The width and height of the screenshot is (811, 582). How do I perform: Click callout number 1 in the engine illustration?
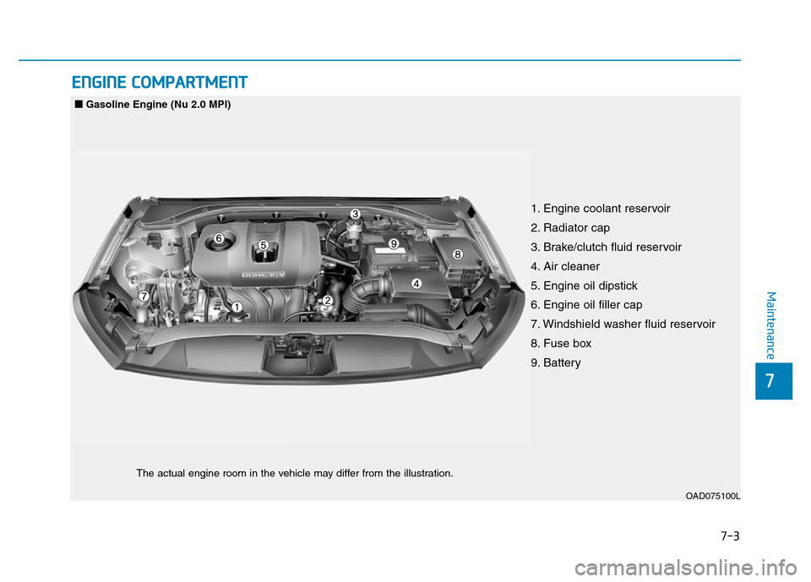click(x=237, y=307)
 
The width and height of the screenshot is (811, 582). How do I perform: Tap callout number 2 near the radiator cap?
click(x=327, y=300)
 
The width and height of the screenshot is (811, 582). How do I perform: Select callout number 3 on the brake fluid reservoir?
click(x=355, y=214)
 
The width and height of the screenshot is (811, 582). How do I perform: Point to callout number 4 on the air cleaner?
click(x=416, y=283)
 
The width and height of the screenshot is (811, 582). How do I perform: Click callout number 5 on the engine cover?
click(x=264, y=245)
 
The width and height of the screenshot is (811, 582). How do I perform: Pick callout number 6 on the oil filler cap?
click(x=219, y=238)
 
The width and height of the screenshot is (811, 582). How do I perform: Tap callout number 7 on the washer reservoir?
click(x=144, y=296)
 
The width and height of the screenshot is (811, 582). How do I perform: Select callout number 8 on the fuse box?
click(x=457, y=254)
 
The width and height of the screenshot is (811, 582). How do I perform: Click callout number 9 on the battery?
click(x=394, y=243)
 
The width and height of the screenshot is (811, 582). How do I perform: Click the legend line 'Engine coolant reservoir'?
click(x=600, y=209)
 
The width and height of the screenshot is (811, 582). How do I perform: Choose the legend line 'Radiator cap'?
click(x=570, y=227)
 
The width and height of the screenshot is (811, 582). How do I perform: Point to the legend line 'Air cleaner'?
click(x=565, y=266)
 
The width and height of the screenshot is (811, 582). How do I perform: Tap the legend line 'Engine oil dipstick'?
click(x=584, y=286)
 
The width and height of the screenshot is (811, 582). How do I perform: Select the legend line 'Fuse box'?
click(x=561, y=344)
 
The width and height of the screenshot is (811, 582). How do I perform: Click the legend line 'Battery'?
click(x=556, y=362)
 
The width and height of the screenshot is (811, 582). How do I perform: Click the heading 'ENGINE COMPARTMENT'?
click(x=160, y=82)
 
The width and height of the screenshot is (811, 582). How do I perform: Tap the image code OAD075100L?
click(x=713, y=496)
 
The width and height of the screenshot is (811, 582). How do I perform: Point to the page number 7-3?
click(x=730, y=536)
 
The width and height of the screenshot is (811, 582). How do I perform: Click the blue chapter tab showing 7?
click(x=773, y=381)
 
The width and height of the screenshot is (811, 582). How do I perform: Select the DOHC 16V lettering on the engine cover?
click(x=264, y=275)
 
